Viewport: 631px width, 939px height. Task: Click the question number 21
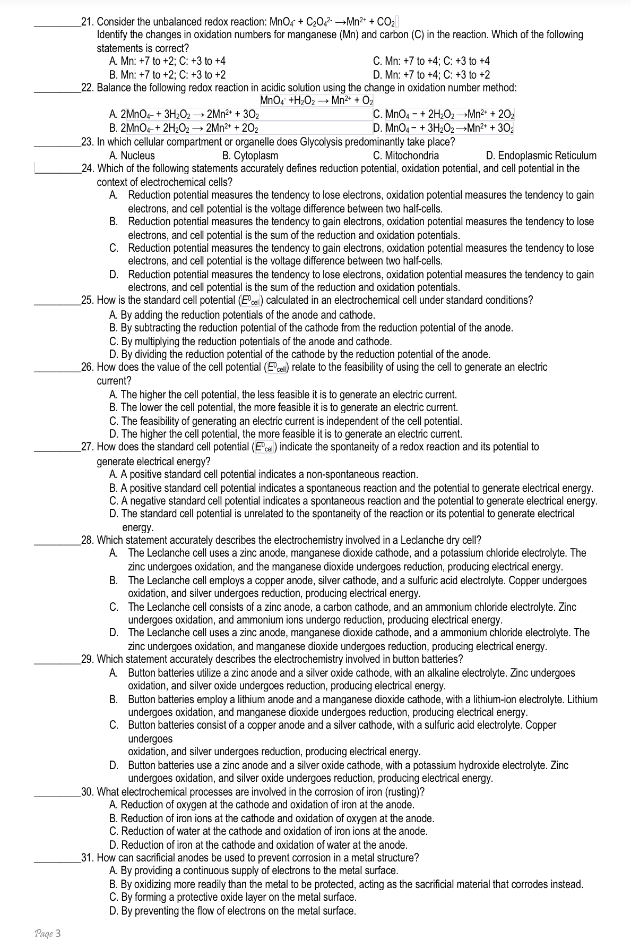[88, 22]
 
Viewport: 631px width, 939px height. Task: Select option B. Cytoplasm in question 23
[249, 156]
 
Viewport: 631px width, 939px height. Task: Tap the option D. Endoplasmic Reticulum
[541, 156]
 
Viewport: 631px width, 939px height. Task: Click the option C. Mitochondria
[406, 156]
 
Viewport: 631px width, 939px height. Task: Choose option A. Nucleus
[132, 156]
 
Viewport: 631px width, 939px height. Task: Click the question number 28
[88, 541]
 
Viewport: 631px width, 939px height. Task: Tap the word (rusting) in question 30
[404, 792]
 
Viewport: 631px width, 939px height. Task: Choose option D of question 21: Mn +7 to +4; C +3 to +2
[431, 75]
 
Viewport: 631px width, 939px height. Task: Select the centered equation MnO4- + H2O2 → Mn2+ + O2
[317, 101]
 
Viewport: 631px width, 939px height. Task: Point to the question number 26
[88, 367]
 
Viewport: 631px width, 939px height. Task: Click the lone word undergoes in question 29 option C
[150, 739]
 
